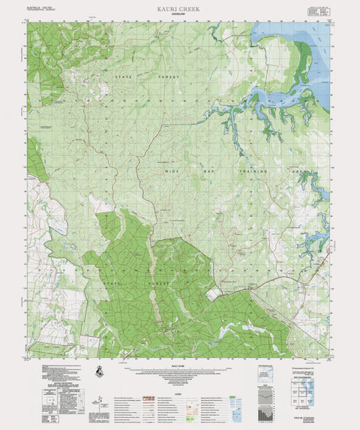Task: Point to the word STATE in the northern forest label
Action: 122,76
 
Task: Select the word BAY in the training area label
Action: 206,172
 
